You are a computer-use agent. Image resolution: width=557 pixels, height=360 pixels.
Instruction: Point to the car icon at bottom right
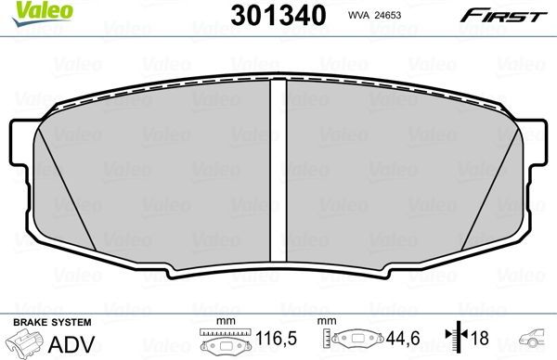coord(536,340)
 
